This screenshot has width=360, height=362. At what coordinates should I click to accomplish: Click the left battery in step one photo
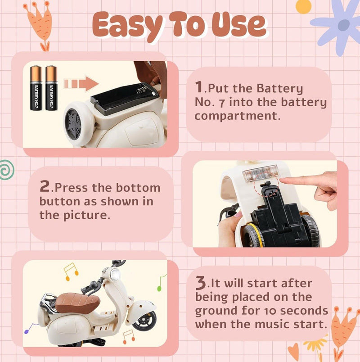(x=36, y=88)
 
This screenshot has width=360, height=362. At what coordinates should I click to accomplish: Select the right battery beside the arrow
(x=51, y=88)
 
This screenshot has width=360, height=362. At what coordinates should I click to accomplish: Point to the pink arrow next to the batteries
(x=81, y=84)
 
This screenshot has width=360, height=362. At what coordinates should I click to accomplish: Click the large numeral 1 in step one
(x=199, y=87)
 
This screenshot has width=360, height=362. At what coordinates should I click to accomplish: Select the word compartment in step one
(x=238, y=116)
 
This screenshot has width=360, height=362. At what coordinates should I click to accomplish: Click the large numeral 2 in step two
(x=45, y=186)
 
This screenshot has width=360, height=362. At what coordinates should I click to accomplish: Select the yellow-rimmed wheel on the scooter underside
(x=254, y=235)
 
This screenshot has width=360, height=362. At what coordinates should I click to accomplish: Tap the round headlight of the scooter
(x=115, y=275)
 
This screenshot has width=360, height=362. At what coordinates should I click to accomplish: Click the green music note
(x=162, y=283)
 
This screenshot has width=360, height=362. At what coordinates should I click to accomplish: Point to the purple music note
(x=31, y=328)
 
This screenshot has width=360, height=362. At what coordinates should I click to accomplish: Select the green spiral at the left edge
(x=7, y=170)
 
